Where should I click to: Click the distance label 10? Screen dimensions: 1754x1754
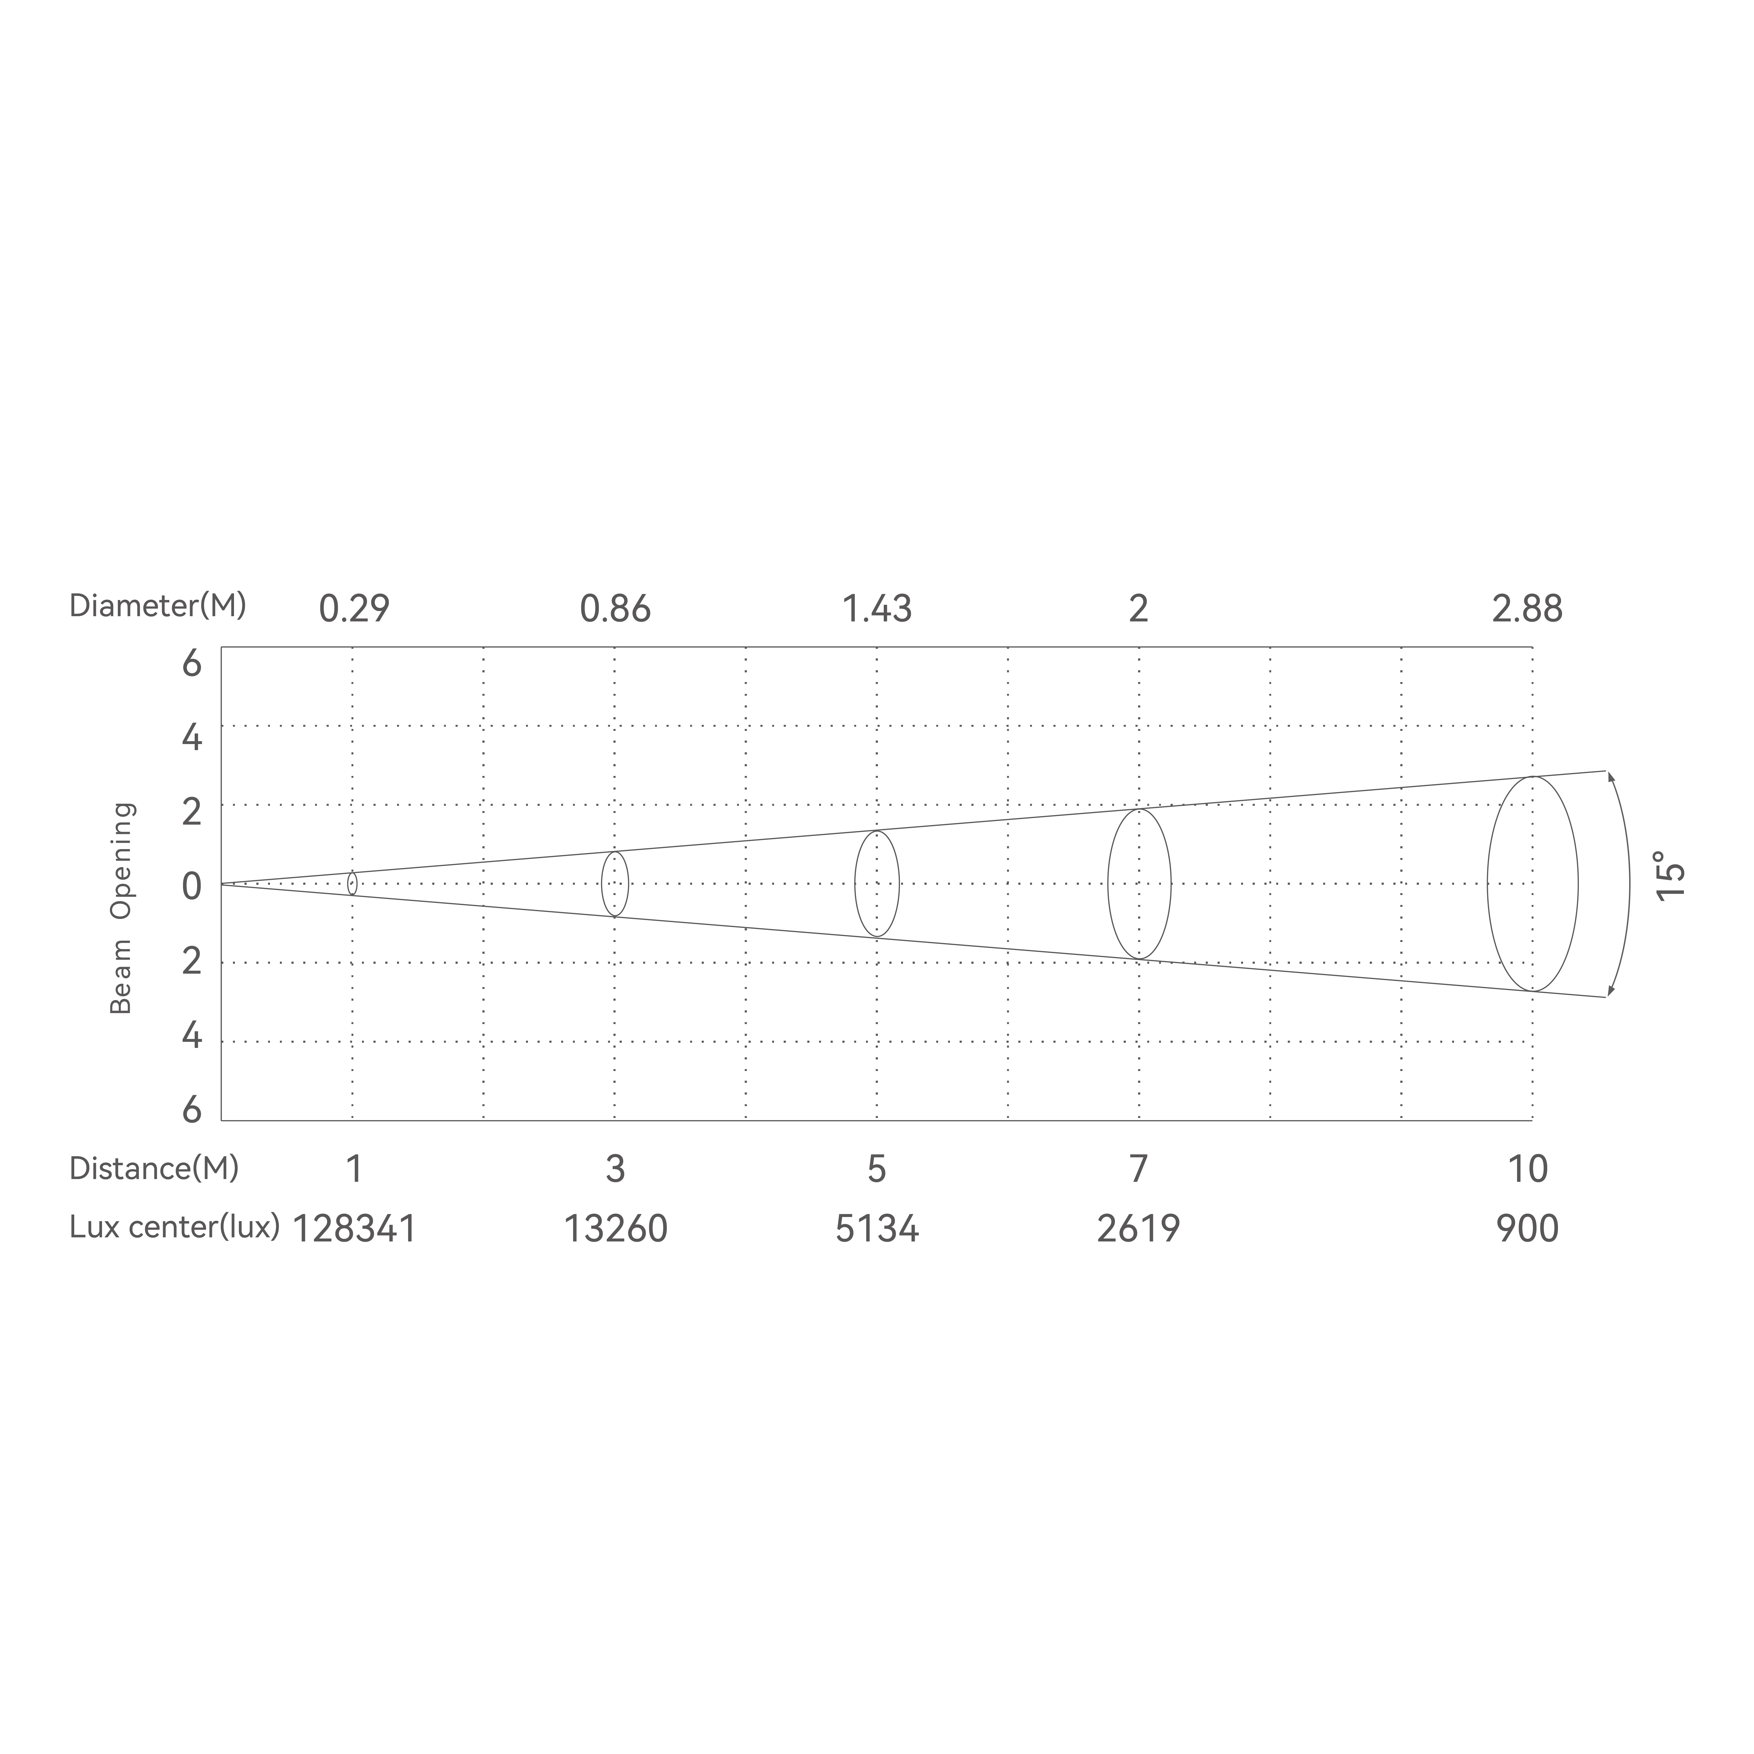(x=1527, y=1169)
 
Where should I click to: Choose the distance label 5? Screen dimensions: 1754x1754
(x=877, y=1169)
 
